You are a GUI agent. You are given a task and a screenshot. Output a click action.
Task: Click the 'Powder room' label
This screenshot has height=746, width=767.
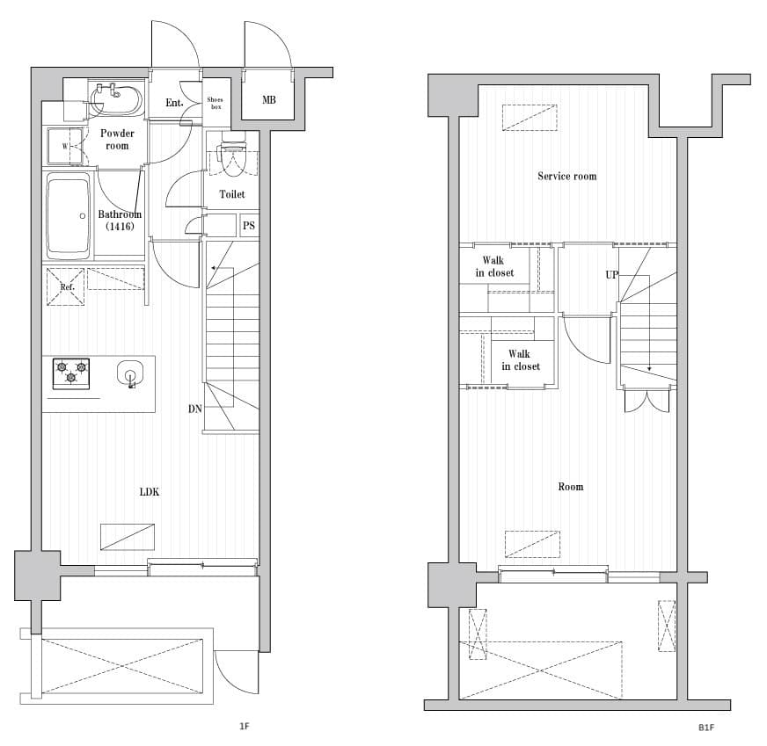(x=117, y=140)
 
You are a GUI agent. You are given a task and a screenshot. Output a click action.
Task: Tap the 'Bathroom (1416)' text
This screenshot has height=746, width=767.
(x=120, y=221)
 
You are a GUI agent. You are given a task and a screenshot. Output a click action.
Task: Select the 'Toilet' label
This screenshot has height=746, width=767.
(x=232, y=194)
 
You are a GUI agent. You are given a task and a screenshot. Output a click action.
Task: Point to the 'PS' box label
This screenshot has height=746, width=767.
(x=249, y=226)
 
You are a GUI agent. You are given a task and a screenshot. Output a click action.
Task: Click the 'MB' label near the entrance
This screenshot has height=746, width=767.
(x=268, y=100)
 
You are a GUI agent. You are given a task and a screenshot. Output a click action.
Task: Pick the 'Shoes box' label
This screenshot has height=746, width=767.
(x=215, y=104)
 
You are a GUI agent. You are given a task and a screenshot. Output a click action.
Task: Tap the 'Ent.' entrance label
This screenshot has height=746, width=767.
(x=174, y=104)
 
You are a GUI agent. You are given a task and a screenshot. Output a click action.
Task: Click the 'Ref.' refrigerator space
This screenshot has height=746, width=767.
(x=66, y=286)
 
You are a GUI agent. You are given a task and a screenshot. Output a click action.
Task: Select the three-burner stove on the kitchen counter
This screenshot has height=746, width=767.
(x=71, y=373)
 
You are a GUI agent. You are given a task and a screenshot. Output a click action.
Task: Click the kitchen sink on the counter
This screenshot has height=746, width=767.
(x=130, y=373)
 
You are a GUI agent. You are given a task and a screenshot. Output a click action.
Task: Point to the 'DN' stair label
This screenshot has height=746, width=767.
(x=194, y=409)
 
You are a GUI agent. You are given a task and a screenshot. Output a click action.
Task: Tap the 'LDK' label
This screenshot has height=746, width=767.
(x=150, y=492)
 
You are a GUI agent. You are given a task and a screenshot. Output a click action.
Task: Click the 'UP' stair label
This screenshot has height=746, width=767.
(x=611, y=274)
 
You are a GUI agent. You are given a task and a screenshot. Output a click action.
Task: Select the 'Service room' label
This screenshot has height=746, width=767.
(x=566, y=176)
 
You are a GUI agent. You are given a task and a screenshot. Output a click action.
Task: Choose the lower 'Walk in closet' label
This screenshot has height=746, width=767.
(x=521, y=360)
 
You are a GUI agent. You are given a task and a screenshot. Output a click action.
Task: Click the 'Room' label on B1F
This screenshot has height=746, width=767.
(x=570, y=486)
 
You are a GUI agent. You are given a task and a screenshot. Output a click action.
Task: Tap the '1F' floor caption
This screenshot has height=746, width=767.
(x=245, y=727)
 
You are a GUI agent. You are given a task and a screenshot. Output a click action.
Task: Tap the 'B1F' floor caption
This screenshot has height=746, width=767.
(x=705, y=728)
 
